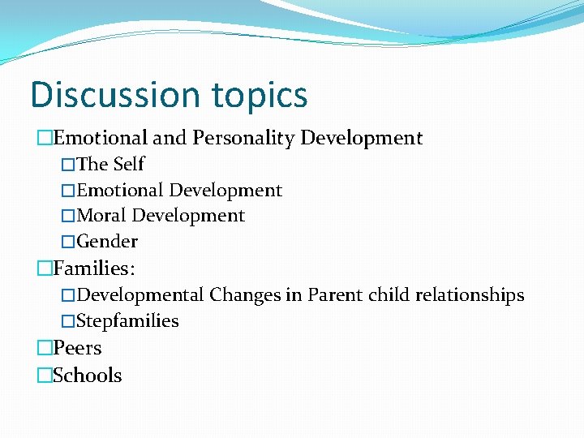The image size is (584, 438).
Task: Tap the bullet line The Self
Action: pyautogui.click(x=110, y=164)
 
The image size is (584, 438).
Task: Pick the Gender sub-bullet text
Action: pyautogui.click(x=107, y=242)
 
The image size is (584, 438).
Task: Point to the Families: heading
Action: pyautogui.click(x=94, y=267)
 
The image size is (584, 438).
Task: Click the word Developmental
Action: pyautogui.click(x=140, y=294)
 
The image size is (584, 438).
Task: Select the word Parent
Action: pyautogui.click(x=334, y=294)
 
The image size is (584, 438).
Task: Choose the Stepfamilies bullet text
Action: pyautogui.click(x=127, y=321)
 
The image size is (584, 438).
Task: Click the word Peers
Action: pyautogui.click(x=77, y=349)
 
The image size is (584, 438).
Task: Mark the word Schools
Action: pyautogui.click(x=88, y=376)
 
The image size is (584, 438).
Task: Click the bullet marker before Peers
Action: pyautogui.click(x=44, y=349)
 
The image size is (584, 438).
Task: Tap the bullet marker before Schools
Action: pyautogui.click(x=44, y=376)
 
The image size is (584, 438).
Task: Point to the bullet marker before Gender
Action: pyautogui.click(x=68, y=242)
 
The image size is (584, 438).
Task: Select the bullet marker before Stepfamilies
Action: pyautogui.click(x=68, y=321)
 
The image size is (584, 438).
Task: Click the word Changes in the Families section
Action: pyautogui.click(x=245, y=294)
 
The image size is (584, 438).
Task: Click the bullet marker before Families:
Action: pyautogui.click(x=44, y=267)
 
